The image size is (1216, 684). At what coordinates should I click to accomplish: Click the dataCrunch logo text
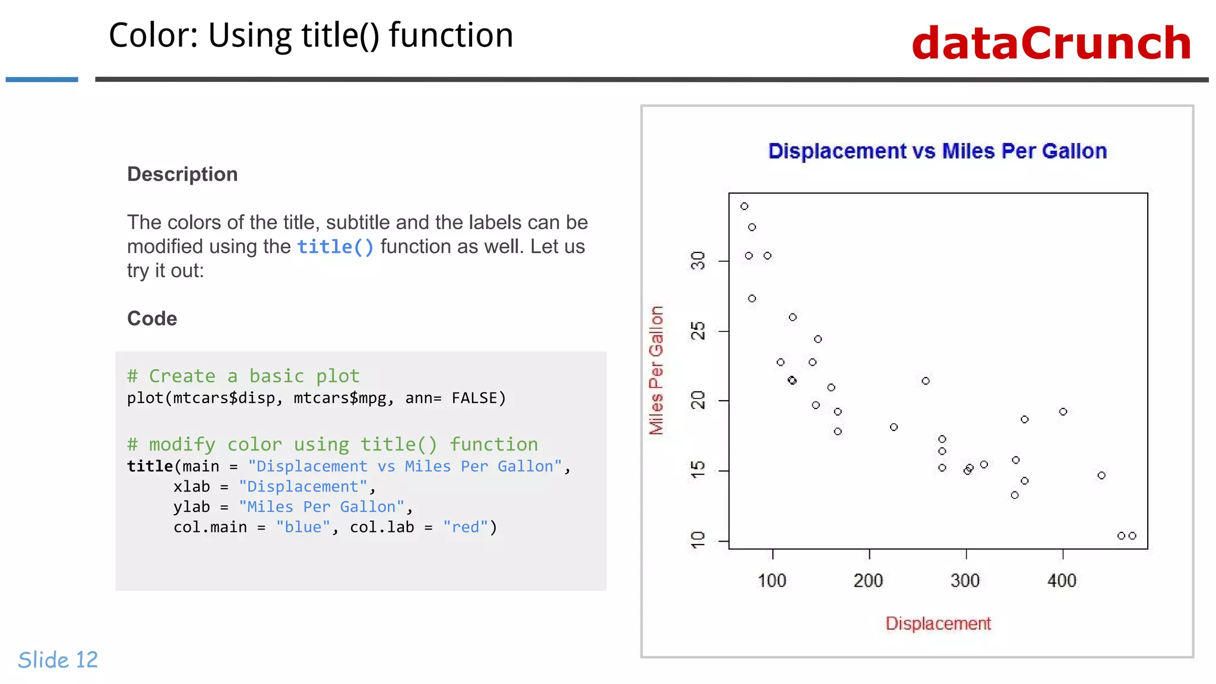pos(1051,43)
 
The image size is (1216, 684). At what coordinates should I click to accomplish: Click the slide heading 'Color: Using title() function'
pos(311,35)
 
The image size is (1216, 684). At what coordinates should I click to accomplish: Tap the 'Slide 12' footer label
pos(58,660)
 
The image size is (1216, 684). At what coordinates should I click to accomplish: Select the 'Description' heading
pos(182,174)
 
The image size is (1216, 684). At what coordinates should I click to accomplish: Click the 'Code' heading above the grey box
pos(152,318)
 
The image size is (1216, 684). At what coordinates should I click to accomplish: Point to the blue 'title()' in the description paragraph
pos(335,246)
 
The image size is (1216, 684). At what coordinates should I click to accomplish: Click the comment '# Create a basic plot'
pos(243,376)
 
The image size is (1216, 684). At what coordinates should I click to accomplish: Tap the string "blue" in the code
pos(303,527)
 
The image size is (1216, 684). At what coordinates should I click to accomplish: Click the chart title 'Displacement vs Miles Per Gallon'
pos(937,151)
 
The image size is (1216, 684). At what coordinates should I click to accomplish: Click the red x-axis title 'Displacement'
pos(938,623)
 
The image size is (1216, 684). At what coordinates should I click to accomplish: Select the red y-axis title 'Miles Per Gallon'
pos(655,370)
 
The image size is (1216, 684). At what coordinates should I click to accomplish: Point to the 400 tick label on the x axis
pos(1062,580)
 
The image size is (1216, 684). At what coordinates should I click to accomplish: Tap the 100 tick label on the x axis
pos(772,580)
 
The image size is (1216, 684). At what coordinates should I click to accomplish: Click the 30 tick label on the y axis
pos(698,260)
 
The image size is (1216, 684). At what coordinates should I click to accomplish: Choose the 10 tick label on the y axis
pos(698,540)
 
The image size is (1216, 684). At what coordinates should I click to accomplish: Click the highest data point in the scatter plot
pos(745,206)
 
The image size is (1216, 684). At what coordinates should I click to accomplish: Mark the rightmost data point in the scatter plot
pos(1132,536)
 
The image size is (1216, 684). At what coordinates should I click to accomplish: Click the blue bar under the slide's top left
pos(42,79)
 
